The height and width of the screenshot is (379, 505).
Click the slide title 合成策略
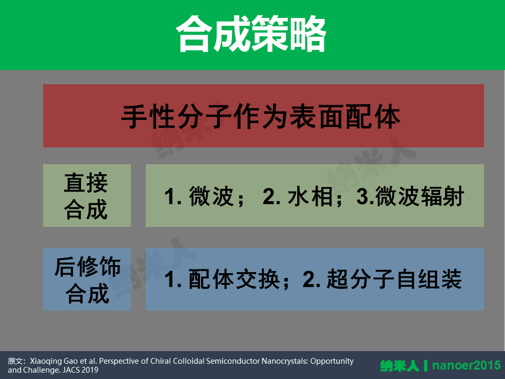coord(251,34)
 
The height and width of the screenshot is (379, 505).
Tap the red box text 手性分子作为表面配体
coord(260,116)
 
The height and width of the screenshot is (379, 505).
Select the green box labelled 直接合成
coord(87,196)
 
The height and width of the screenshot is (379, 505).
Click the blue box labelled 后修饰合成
coord(87,279)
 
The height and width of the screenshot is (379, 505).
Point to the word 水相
coord(310,196)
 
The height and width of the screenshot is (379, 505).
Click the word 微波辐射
coord(420,196)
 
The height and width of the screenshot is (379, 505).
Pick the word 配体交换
coord(234,279)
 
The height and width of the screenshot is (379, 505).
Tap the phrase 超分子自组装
coord(394,279)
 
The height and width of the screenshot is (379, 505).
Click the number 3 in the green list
coord(362,196)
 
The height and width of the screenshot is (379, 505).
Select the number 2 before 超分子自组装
coord(309,280)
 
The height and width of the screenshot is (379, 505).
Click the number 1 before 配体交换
coord(170,280)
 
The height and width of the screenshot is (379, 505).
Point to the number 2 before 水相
coord(269,196)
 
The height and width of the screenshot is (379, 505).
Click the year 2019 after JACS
coord(90,370)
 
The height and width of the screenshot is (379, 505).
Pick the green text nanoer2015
coord(467,365)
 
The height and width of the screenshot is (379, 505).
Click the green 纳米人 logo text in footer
coord(400,366)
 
